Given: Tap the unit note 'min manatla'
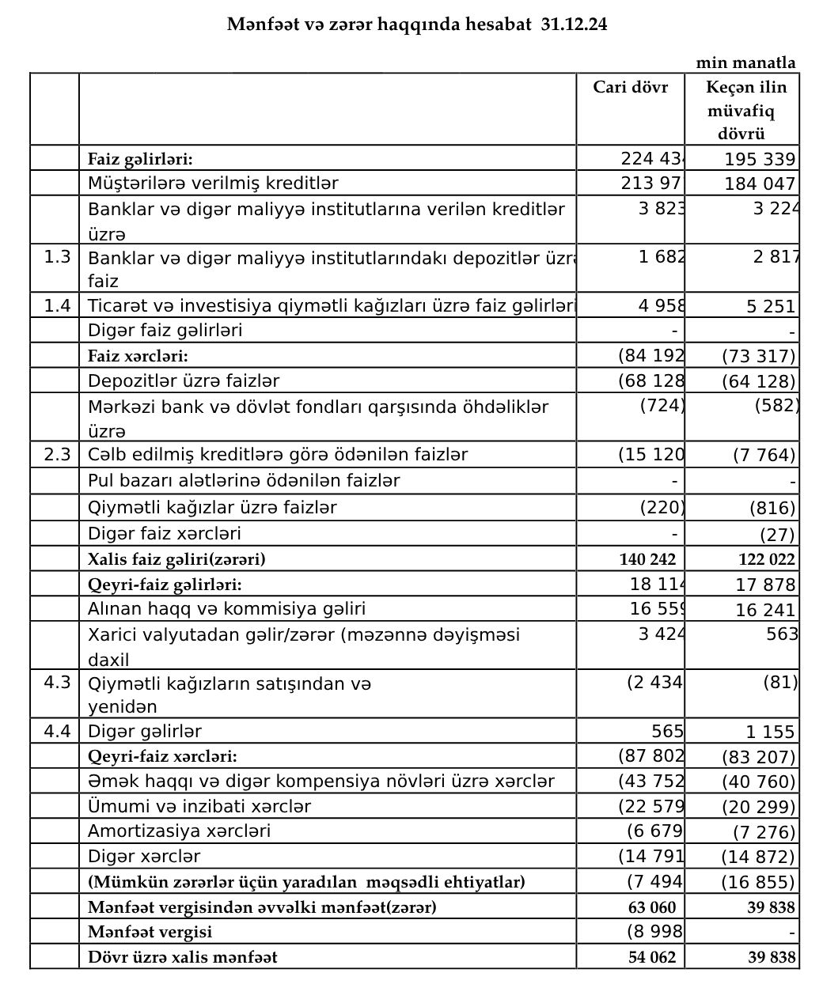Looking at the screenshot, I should pyautogui.click(x=745, y=62).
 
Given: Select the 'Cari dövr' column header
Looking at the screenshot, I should pyautogui.click(x=630, y=86).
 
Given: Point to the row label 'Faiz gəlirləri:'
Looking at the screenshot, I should pyautogui.click(x=140, y=158).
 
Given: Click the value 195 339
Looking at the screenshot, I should pyautogui.click(x=760, y=160).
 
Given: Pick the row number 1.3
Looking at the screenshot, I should pyautogui.click(x=57, y=256).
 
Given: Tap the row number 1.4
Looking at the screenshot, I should pyautogui.click(x=57, y=305).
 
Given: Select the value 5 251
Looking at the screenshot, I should pyautogui.click(x=771, y=307).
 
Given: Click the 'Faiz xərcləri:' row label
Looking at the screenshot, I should pyautogui.click(x=138, y=356).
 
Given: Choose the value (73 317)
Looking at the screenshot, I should pyautogui.click(x=758, y=357).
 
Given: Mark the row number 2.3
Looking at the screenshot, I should pyautogui.click(x=57, y=454).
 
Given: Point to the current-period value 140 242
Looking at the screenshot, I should pyautogui.click(x=647, y=559).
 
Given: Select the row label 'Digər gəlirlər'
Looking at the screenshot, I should pyautogui.click(x=145, y=731).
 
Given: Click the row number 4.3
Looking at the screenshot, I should pyautogui.click(x=57, y=682).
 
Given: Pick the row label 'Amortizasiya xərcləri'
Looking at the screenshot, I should pyautogui.click(x=179, y=831).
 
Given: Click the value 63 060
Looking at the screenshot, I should pyautogui.click(x=652, y=906).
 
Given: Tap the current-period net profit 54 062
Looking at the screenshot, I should pyautogui.click(x=652, y=957).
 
